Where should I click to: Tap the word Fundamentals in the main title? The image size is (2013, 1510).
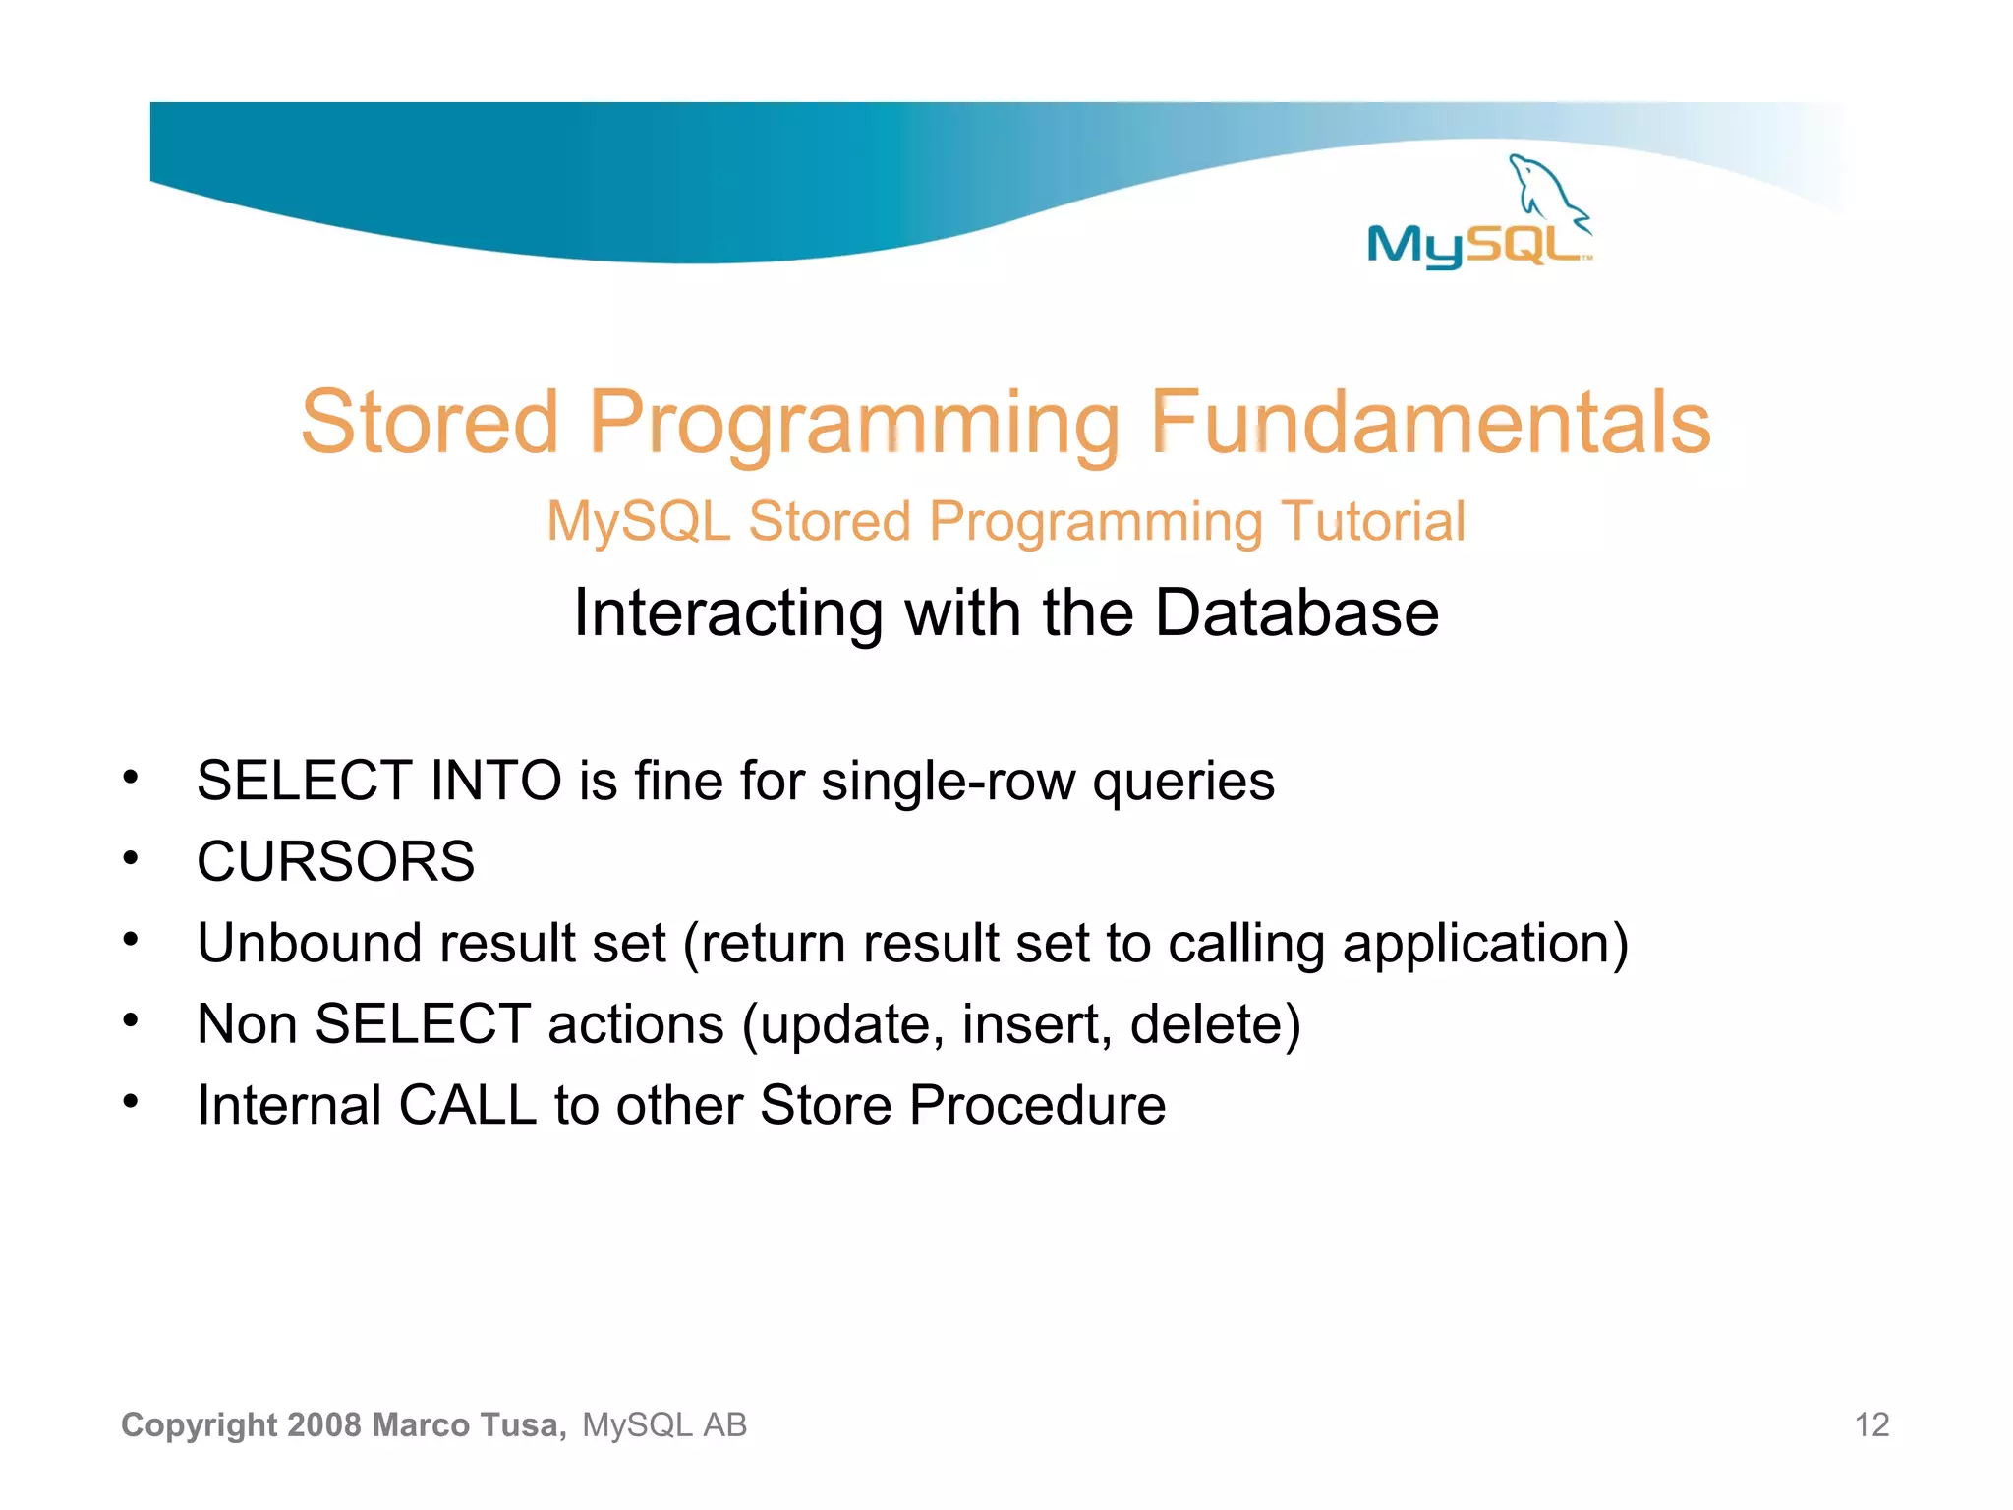tap(1430, 423)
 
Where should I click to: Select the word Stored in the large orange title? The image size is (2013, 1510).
tap(430, 423)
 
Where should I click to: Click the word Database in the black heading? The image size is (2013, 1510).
tap(1296, 612)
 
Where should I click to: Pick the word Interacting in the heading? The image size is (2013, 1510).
tap(728, 612)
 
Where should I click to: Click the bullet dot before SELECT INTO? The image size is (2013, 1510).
tap(131, 779)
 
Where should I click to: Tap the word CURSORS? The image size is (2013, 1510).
tap(335, 862)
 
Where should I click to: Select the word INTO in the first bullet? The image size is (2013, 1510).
tap(495, 782)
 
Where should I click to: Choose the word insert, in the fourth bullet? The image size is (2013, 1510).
tap(1036, 1024)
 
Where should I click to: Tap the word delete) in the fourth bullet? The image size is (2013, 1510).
tap(1215, 1024)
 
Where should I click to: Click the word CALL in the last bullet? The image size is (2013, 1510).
tap(467, 1105)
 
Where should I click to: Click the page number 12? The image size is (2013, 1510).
tap(1871, 1424)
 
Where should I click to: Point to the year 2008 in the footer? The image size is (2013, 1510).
tap(325, 1424)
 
